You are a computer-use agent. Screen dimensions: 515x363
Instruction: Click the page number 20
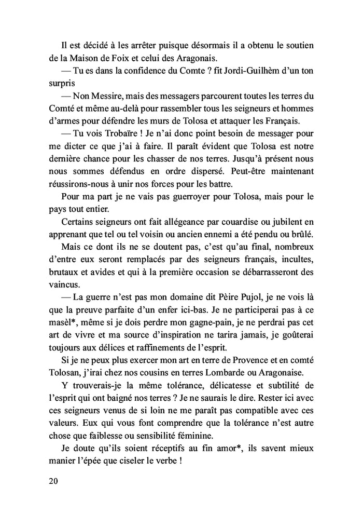[x=52, y=481]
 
